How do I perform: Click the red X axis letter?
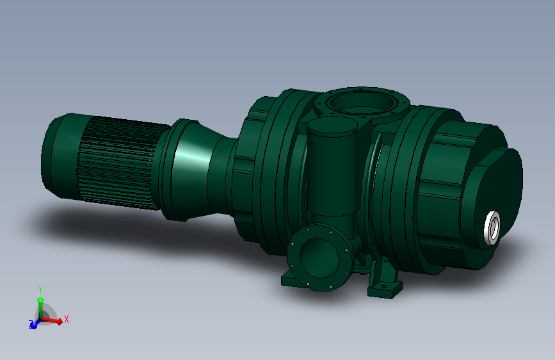coord(67,318)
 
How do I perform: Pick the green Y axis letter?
coord(40,288)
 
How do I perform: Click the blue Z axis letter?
coord(31,325)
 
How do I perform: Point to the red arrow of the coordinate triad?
coord(54,321)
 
